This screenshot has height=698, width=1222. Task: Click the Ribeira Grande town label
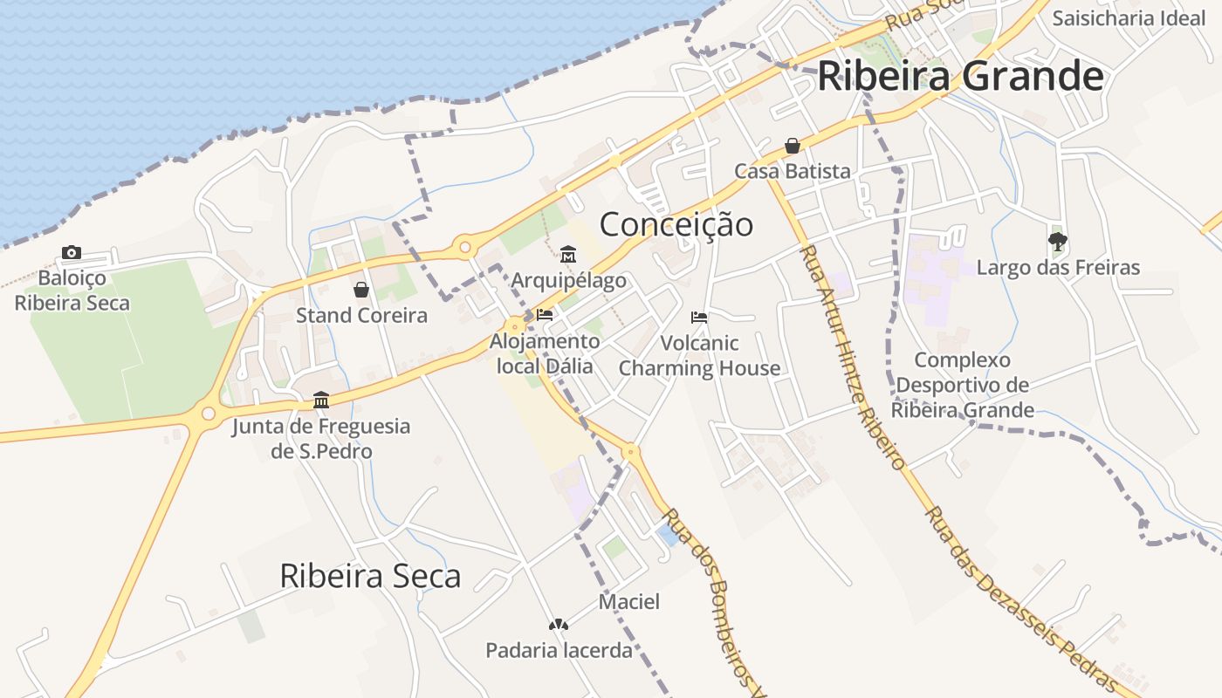960,77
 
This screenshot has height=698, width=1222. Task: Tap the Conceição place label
676,224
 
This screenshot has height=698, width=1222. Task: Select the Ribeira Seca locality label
370,576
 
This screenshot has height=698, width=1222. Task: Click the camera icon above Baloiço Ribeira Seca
72,253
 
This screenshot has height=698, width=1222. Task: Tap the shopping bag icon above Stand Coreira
361,290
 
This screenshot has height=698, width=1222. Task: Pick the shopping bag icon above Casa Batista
793,146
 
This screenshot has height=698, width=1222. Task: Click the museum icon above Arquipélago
568,255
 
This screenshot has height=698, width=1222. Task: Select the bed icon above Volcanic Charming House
699,317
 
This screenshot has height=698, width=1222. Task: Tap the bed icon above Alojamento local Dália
545,315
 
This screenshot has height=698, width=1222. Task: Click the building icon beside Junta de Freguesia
321,400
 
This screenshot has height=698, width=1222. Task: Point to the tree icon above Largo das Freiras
1058,241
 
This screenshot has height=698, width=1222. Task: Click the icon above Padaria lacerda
558,625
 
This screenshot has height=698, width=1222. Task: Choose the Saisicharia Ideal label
1128,18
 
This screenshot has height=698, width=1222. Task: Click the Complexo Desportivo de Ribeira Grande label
962,385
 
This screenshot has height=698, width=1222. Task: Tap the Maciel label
628,601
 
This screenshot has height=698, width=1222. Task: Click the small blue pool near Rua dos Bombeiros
668,535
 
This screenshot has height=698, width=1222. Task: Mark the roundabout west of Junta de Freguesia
208,414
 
